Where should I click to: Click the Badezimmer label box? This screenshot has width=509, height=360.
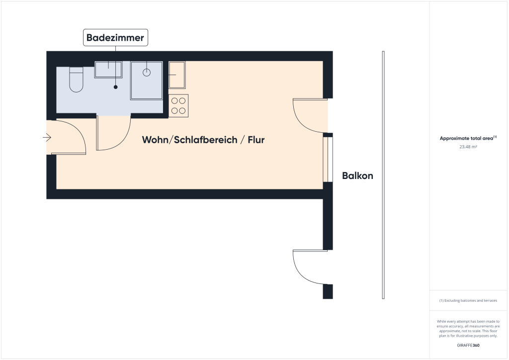tap(115, 38)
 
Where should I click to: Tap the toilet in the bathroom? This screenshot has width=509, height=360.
tap(76, 80)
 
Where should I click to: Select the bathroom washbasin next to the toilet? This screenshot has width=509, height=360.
tap(108, 70)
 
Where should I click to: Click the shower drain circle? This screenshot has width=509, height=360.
tap(147, 73)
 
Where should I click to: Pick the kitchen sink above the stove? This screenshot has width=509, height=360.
tap(177, 75)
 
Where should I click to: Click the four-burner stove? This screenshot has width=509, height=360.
tap(178, 106)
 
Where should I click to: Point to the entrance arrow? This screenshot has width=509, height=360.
tap(47, 138)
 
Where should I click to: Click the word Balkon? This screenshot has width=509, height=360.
tap(358, 176)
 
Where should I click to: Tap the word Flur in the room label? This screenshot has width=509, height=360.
tap(256, 140)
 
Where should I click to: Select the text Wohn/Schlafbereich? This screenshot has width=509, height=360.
tap(189, 140)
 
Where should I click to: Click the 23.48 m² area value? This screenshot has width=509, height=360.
tap(468, 147)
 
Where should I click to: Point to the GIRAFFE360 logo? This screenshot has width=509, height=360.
tap(468, 346)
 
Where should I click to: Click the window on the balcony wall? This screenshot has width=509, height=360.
tap(328, 160)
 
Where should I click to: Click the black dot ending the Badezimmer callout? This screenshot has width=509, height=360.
tap(115, 87)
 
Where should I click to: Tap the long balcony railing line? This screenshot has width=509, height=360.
tap(383, 175)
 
